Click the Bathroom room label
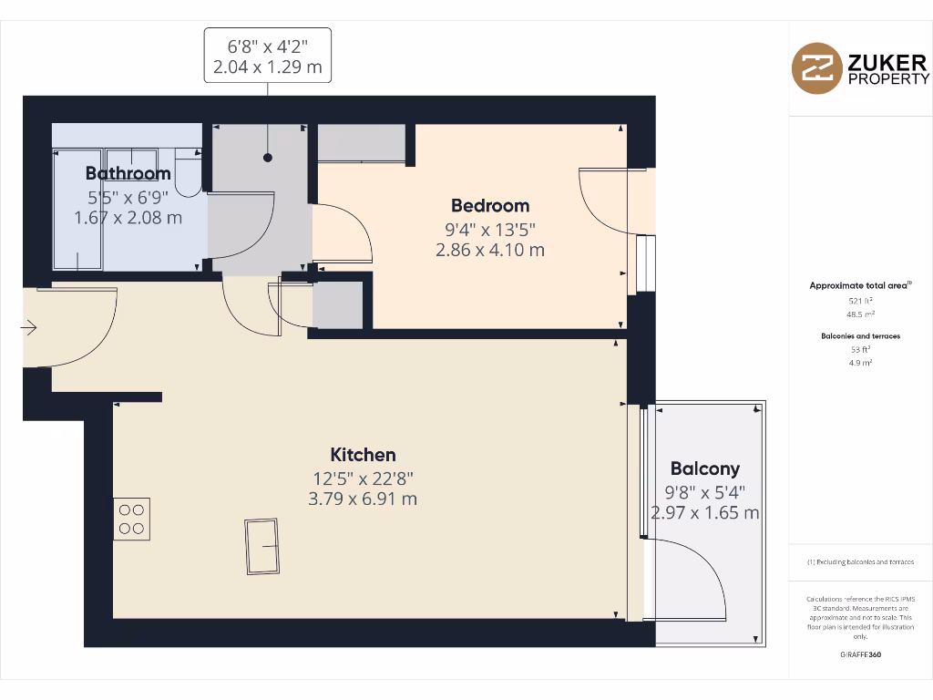[x=128, y=173]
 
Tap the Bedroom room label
[x=490, y=205]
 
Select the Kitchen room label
[x=363, y=454]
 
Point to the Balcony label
[x=704, y=468]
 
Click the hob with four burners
[x=131, y=519]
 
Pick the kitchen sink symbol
[x=261, y=546]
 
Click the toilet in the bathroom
[x=189, y=173]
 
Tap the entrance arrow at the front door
[x=30, y=327]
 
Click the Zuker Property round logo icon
[x=816, y=68]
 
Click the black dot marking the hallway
[x=268, y=158]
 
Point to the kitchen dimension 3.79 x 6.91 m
[x=363, y=499]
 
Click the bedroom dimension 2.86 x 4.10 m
[x=490, y=249]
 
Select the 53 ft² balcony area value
[x=860, y=349]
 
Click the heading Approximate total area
[x=859, y=285]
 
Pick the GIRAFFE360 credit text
[x=860, y=654]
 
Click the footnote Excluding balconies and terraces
[x=860, y=562]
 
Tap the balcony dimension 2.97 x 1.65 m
[x=704, y=512]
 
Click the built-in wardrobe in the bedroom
[x=361, y=143]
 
